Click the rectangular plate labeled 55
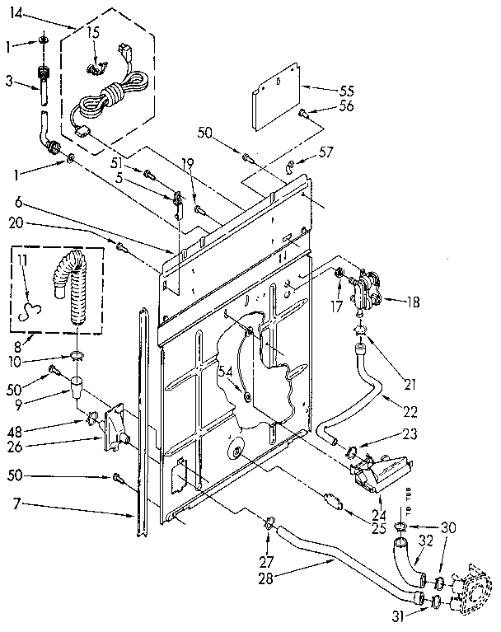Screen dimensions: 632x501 tap(275, 102)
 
